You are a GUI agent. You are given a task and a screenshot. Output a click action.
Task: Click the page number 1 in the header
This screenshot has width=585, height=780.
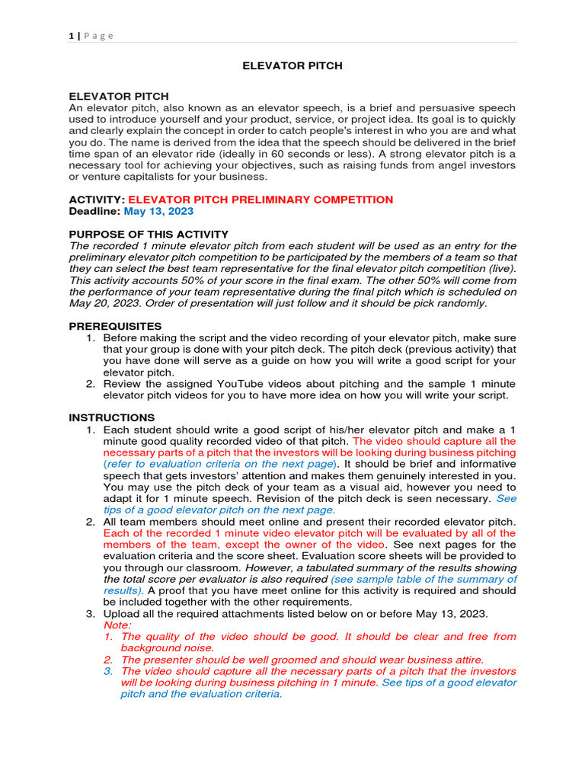pyautogui.click(x=71, y=36)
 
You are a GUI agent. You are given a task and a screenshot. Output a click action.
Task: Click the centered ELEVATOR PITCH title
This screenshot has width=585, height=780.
pyautogui.click(x=292, y=66)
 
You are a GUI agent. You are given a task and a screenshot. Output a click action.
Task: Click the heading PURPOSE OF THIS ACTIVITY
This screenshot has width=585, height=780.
pyautogui.click(x=149, y=234)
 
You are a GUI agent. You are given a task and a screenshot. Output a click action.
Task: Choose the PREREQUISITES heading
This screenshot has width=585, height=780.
pyautogui.click(x=115, y=326)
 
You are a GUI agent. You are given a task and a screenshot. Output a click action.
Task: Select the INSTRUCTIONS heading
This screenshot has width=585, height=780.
pyautogui.click(x=112, y=417)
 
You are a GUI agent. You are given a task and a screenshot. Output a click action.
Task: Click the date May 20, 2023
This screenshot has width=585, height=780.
pyautogui.click(x=103, y=302)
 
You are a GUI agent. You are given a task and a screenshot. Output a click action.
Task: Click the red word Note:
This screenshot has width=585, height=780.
pyautogui.click(x=117, y=625)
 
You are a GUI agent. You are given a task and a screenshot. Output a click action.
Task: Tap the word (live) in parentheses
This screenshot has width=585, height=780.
pyautogui.click(x=500, y=268)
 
